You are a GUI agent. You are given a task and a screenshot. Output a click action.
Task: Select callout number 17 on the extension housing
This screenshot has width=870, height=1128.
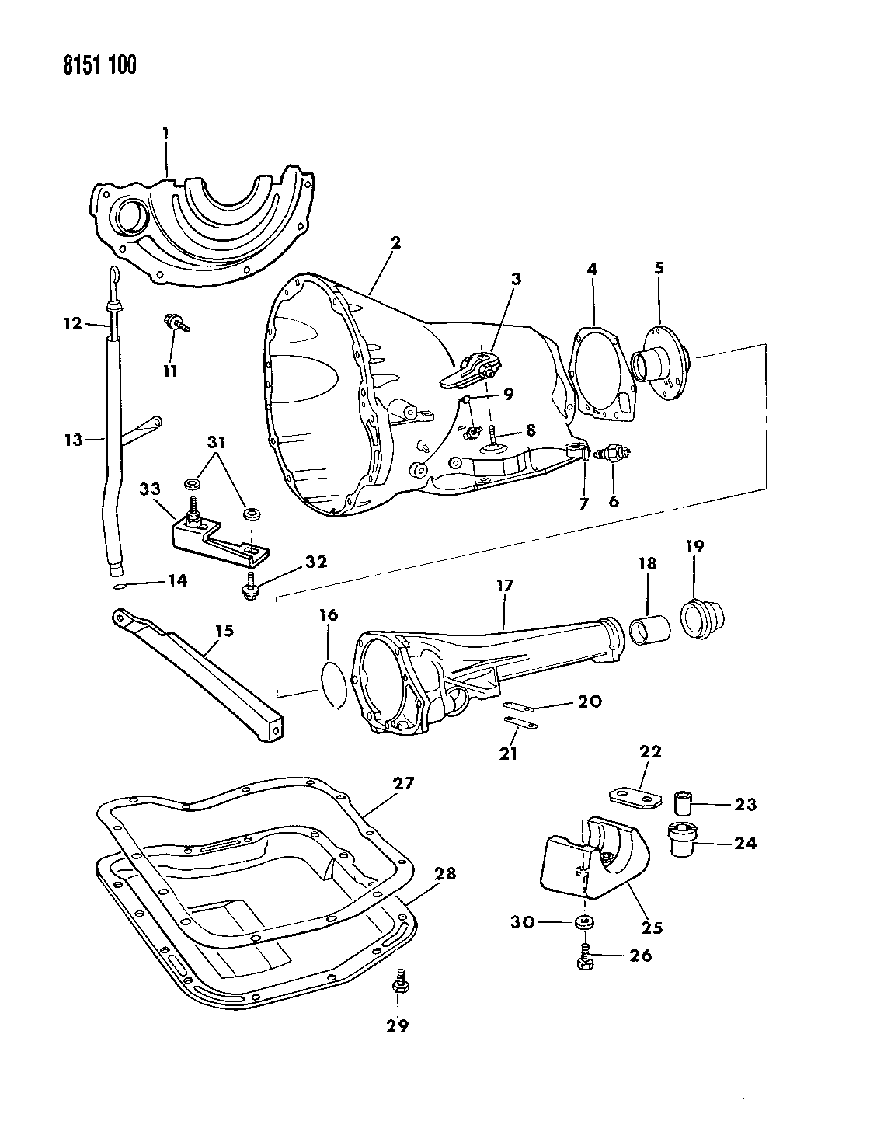point(506,586)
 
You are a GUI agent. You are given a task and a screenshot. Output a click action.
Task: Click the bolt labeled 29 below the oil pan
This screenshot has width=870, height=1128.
point(402,981)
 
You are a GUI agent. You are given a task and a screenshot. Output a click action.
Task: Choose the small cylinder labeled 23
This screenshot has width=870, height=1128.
point(684,799)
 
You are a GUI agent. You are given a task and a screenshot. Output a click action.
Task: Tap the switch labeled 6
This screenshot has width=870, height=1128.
point(611,453)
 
